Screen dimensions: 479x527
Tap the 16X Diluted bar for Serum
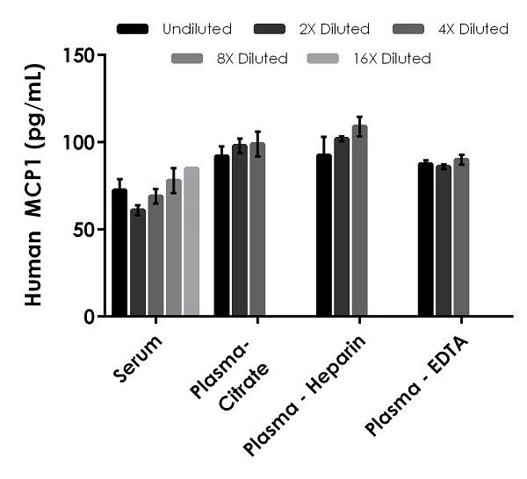pyautogui.click(x=191, y=242)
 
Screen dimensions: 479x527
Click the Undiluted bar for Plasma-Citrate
pyautogui.click(x=221, y=236)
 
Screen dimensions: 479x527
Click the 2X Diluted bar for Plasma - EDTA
pyautogui.click(x=444, y=241)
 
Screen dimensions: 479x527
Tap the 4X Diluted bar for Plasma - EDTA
pyautogui.click(x=461, y=238)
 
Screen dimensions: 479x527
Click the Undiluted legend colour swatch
pyautogui.click(x=133, y=29)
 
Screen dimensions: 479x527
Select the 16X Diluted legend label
pyautogui.click(x=394, y=60)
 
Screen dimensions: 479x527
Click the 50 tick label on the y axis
pyautogui.click(x=83, y=229)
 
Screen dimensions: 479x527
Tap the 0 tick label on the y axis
pyautogui.click(x=89, y=316)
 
